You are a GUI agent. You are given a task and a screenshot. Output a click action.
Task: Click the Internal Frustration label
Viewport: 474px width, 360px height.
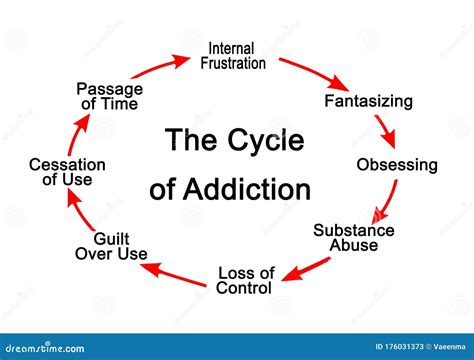(x=233, y=56)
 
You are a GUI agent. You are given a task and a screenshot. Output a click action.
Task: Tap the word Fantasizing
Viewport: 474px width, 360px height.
(x=369, y=101)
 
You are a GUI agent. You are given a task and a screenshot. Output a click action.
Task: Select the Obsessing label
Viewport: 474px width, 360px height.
(x=397, y=165)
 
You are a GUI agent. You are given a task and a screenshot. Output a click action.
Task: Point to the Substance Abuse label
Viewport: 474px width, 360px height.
(x=354, y=238)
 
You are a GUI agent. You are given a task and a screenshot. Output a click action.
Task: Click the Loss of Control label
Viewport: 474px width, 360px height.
(x=245, y=281)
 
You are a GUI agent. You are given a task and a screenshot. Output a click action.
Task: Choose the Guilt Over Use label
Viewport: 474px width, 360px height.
(x=111, y=246)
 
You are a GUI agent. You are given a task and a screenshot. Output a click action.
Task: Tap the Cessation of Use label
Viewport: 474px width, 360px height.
(x=67, y=172)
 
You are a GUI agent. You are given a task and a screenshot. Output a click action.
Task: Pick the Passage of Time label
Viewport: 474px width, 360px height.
(x=110, y=96)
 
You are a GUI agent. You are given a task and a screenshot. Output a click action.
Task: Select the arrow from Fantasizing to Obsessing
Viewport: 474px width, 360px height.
(x=387, y=130)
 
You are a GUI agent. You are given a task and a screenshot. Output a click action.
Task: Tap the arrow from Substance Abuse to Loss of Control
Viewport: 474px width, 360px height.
(x=305, y=269)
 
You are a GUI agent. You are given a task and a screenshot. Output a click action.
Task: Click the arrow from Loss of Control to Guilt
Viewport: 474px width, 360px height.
(x=173, y=274)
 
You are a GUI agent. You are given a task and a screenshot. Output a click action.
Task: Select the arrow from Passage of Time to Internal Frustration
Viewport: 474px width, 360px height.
(x=161, y=66)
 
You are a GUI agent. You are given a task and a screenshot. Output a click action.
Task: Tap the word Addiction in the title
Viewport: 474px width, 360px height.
(x=247, y=189)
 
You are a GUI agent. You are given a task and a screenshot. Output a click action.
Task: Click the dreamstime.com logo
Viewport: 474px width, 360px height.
(x=45, y=348)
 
